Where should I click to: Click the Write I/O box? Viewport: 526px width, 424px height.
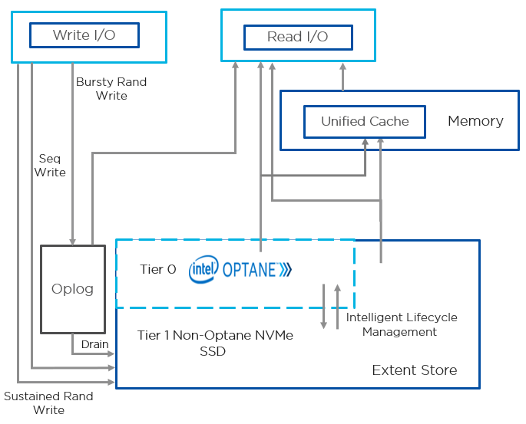(x=84, y=35)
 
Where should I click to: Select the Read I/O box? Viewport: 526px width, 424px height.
(x=297, y=37)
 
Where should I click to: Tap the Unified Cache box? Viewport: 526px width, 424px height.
(x=365, y=121)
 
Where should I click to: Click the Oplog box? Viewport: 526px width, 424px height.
(x=72, y=289)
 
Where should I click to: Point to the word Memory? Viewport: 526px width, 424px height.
(x=475, y=121)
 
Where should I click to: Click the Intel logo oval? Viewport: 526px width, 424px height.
(x=203, y=269)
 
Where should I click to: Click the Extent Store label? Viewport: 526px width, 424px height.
(x=414, y=370)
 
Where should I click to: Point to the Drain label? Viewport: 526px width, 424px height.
(x=94, y=344)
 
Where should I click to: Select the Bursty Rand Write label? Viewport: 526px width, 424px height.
(x=111, y=88)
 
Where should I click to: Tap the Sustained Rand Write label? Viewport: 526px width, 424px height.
(x=48, y=403)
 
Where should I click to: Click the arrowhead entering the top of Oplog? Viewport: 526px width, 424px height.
(x=72, y=242)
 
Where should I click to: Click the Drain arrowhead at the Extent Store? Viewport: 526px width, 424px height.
(x=112, y=354)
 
